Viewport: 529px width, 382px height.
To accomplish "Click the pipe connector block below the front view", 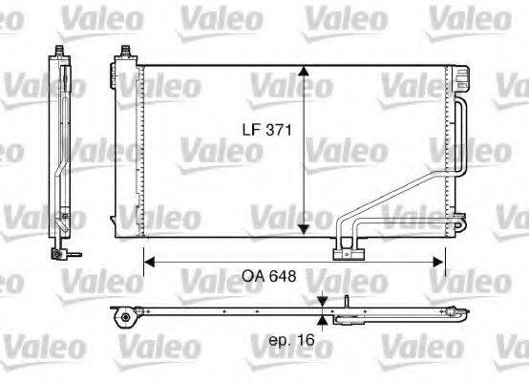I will click(349, 252).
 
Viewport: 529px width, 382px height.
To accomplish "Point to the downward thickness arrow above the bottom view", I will click(323, 299).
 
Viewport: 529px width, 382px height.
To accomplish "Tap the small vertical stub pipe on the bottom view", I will click(346, 302).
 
